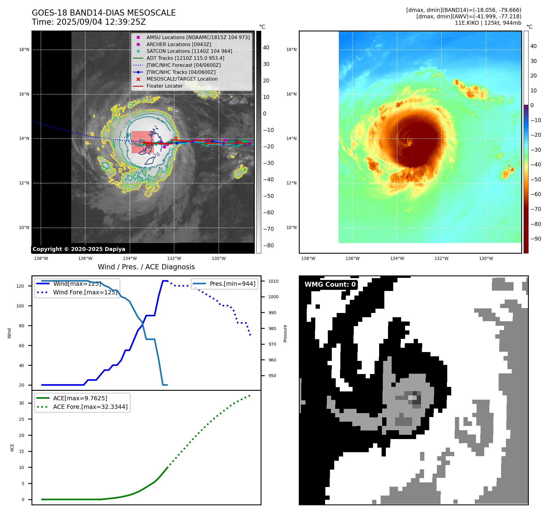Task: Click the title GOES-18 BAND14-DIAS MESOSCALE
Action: pos(104,13)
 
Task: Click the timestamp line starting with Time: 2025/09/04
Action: pos(89,22)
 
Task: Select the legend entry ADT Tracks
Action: pos(185,58)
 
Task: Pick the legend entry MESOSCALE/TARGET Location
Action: pos(182,79)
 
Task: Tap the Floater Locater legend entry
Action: pos(164,86)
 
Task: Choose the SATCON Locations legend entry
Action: pos(189,51)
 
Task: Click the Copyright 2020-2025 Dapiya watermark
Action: pos(79,249)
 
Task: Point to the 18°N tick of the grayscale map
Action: pos(24,50)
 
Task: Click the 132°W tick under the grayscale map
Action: pos(174,259)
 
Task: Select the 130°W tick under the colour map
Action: pos(486,259)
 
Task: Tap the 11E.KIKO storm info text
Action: pos(488,23)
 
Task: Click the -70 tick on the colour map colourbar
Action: pos(536,209)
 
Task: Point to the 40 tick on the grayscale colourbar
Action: pos(266,48)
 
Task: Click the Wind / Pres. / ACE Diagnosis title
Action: pos(146,267)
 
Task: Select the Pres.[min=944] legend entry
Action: pos(232,284)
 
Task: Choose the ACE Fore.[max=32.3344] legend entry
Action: pos(90,407)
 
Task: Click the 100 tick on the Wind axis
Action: pos(20,306)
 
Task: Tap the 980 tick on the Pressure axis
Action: pos(272,329)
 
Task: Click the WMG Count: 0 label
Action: pos(330,285)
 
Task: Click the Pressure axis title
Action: pos(285,333)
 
